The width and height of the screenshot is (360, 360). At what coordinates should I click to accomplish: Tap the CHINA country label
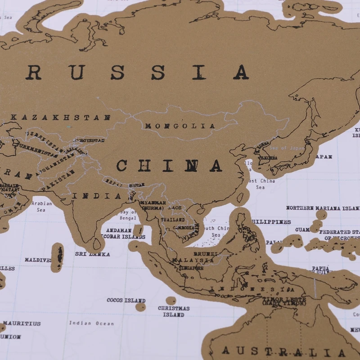pos(170,166)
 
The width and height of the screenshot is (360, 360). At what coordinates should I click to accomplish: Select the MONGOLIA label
pos(180,126)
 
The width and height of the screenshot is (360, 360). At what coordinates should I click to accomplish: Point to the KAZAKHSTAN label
pos(60,117)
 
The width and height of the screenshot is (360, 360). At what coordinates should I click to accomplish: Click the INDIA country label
pos(97,196)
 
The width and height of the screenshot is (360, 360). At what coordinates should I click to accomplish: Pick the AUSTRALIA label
pos(283,351)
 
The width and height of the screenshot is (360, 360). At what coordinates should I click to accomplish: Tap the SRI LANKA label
pos(92,254)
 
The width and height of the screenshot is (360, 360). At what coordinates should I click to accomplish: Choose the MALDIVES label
pos(38,260)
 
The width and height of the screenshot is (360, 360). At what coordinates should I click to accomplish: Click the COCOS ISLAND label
pos(126,300)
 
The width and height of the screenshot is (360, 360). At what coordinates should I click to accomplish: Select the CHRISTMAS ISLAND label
pos(174,311)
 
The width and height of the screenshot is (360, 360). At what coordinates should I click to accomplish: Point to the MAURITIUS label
pos(22,323)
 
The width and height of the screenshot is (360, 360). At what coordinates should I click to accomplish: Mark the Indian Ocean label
pos(91,323)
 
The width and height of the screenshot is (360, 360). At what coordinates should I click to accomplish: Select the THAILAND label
pos(173,220)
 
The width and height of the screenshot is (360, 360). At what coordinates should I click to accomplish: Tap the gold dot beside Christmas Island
pos(171,300)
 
